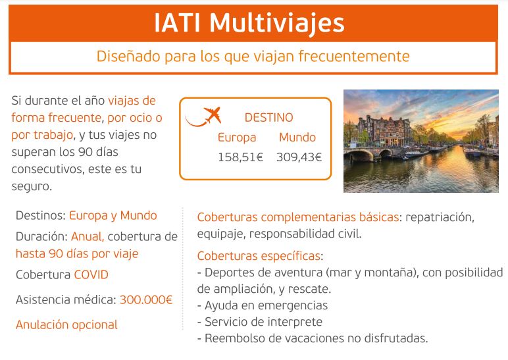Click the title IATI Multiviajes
click(249, 23)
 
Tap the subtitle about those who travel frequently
click(253, 57)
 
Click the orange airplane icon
click(203, 116)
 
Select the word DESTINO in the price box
click(268, 117)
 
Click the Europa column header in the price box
click(237, 138)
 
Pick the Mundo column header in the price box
click(297, 138)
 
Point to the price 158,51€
click(240, 157)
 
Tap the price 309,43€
click(299, 157)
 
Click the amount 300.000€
click(146, 299)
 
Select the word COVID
click(91, 275)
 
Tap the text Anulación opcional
click(66, 324)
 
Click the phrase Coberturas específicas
click(259, 256)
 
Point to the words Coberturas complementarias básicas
click(297, 217)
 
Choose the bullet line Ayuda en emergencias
click(263, 305)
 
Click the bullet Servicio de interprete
click(260, 322)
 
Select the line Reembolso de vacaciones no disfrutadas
click(313, 338)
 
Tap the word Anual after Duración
click(87, 236)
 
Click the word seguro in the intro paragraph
click(32, 187)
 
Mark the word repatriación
click(440, 217)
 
